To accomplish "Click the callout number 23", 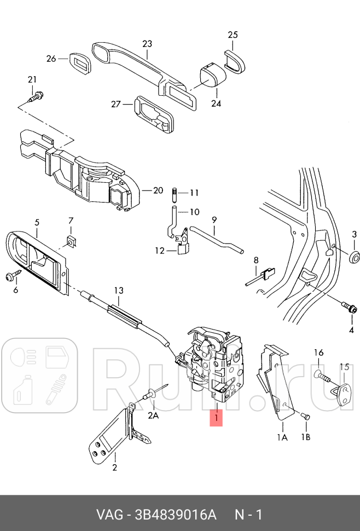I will coord(147,43).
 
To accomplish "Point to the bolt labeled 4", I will coord(349,308).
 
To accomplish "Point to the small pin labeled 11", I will coord(174,193).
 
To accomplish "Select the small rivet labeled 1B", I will coord(306,417).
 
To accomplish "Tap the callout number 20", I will coord(158,191).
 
